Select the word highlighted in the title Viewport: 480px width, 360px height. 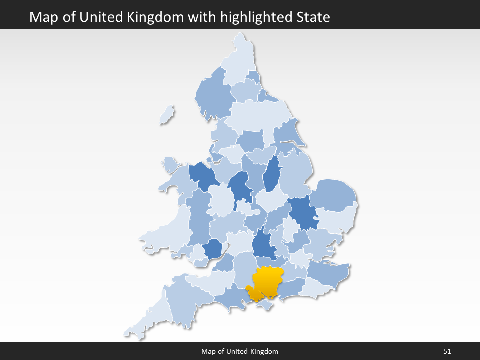(254, 17)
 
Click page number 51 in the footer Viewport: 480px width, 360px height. (447, 351)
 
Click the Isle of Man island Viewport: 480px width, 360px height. (167, 115)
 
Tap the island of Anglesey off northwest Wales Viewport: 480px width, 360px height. (170, 164)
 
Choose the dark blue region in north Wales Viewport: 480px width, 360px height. (202, 175)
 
